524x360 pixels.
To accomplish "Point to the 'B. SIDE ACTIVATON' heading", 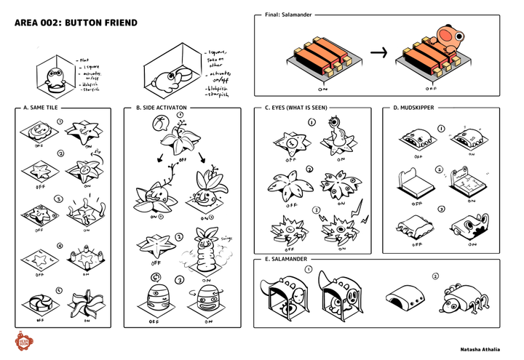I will (161, 108).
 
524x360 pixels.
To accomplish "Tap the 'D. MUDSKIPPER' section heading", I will (414, 108).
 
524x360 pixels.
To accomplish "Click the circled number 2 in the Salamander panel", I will (436, 276).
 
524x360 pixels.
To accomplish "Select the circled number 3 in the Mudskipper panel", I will (440, 209).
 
